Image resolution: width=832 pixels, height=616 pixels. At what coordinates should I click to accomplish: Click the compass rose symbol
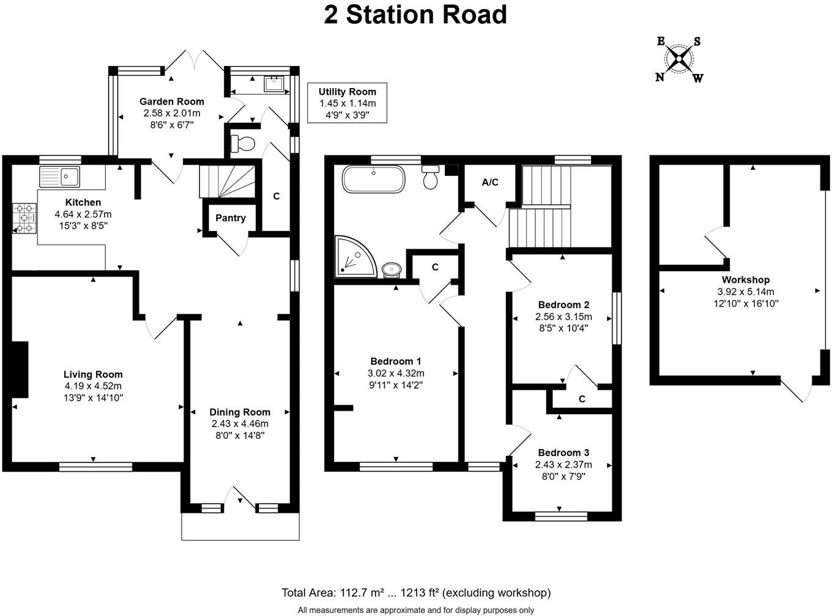click(679, 59)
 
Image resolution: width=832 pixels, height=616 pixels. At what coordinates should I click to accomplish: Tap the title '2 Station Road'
click(415, 15)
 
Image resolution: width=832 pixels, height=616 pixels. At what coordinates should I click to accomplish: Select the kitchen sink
click(59, 177)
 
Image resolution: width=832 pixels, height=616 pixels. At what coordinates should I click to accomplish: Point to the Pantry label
click(231, 218)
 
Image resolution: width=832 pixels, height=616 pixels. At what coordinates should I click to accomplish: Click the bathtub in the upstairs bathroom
click(373, 178)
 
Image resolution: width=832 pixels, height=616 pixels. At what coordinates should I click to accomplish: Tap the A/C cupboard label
click(490, 182)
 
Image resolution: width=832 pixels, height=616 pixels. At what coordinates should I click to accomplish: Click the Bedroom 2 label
click(563, 305)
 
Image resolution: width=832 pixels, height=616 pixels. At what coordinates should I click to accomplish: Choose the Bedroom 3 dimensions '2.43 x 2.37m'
click(563, 464)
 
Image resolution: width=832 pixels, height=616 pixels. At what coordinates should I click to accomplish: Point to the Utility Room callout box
click(347, 103)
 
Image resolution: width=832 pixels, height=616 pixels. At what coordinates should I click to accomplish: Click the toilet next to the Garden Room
click(243, 144)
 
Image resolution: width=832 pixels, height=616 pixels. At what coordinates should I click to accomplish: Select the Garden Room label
click(172, 101)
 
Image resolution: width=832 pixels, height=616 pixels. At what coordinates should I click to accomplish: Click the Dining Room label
click(240, 412)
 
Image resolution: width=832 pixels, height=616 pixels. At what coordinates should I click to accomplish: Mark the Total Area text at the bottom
click(415, 592)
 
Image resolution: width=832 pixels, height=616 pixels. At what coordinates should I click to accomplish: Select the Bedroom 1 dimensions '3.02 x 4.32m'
click(396, 373)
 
